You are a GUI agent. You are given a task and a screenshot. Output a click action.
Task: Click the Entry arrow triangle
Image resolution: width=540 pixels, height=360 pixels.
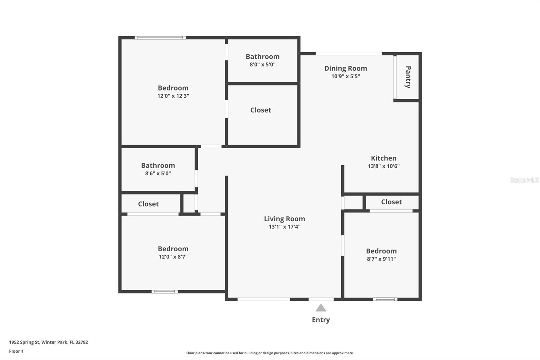pos(321,308)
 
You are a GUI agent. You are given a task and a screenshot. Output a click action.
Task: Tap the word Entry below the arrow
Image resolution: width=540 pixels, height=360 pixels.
pos(321,320)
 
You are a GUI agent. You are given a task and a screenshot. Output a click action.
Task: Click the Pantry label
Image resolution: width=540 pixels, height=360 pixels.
pos(408,77)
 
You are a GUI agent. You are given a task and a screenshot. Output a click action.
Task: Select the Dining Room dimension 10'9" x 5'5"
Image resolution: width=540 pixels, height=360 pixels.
pos(346,76)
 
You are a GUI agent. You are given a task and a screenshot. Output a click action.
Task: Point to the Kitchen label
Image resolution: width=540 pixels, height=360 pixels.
pos(384,158)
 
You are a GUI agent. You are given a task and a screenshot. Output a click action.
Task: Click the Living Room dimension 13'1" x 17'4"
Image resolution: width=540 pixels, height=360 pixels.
pos(285,227)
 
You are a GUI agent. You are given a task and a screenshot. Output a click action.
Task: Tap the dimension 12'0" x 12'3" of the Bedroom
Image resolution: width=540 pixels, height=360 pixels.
pos(173,96)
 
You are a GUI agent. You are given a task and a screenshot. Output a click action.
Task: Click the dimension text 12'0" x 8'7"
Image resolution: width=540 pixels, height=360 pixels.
pos(173,257)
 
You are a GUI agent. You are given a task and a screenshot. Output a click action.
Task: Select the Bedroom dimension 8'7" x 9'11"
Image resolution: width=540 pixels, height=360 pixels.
pos(381,259)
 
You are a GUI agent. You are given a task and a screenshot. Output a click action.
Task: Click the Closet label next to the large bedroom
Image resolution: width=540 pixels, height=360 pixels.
pos(261,110)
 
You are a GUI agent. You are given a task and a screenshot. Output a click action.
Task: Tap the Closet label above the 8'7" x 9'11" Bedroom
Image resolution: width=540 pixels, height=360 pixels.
pos(391,202)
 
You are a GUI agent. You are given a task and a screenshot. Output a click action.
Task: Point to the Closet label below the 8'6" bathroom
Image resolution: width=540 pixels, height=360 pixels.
pos(148,204)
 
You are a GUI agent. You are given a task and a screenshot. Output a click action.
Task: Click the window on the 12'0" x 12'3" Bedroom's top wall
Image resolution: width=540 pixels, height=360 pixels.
pos(160,37)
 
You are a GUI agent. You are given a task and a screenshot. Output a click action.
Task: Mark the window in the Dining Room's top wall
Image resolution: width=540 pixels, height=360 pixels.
pos(349,53)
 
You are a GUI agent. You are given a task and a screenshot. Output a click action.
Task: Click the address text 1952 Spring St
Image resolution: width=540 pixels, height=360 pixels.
pos(48,342)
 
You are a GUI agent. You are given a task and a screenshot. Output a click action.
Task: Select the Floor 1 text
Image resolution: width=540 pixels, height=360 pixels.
pos(16,351)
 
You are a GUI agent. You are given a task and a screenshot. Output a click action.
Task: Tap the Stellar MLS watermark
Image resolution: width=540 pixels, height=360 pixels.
pos(524,180)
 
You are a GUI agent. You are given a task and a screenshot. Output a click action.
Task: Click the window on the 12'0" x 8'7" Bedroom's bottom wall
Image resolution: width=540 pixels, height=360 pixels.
pos(164,291)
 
